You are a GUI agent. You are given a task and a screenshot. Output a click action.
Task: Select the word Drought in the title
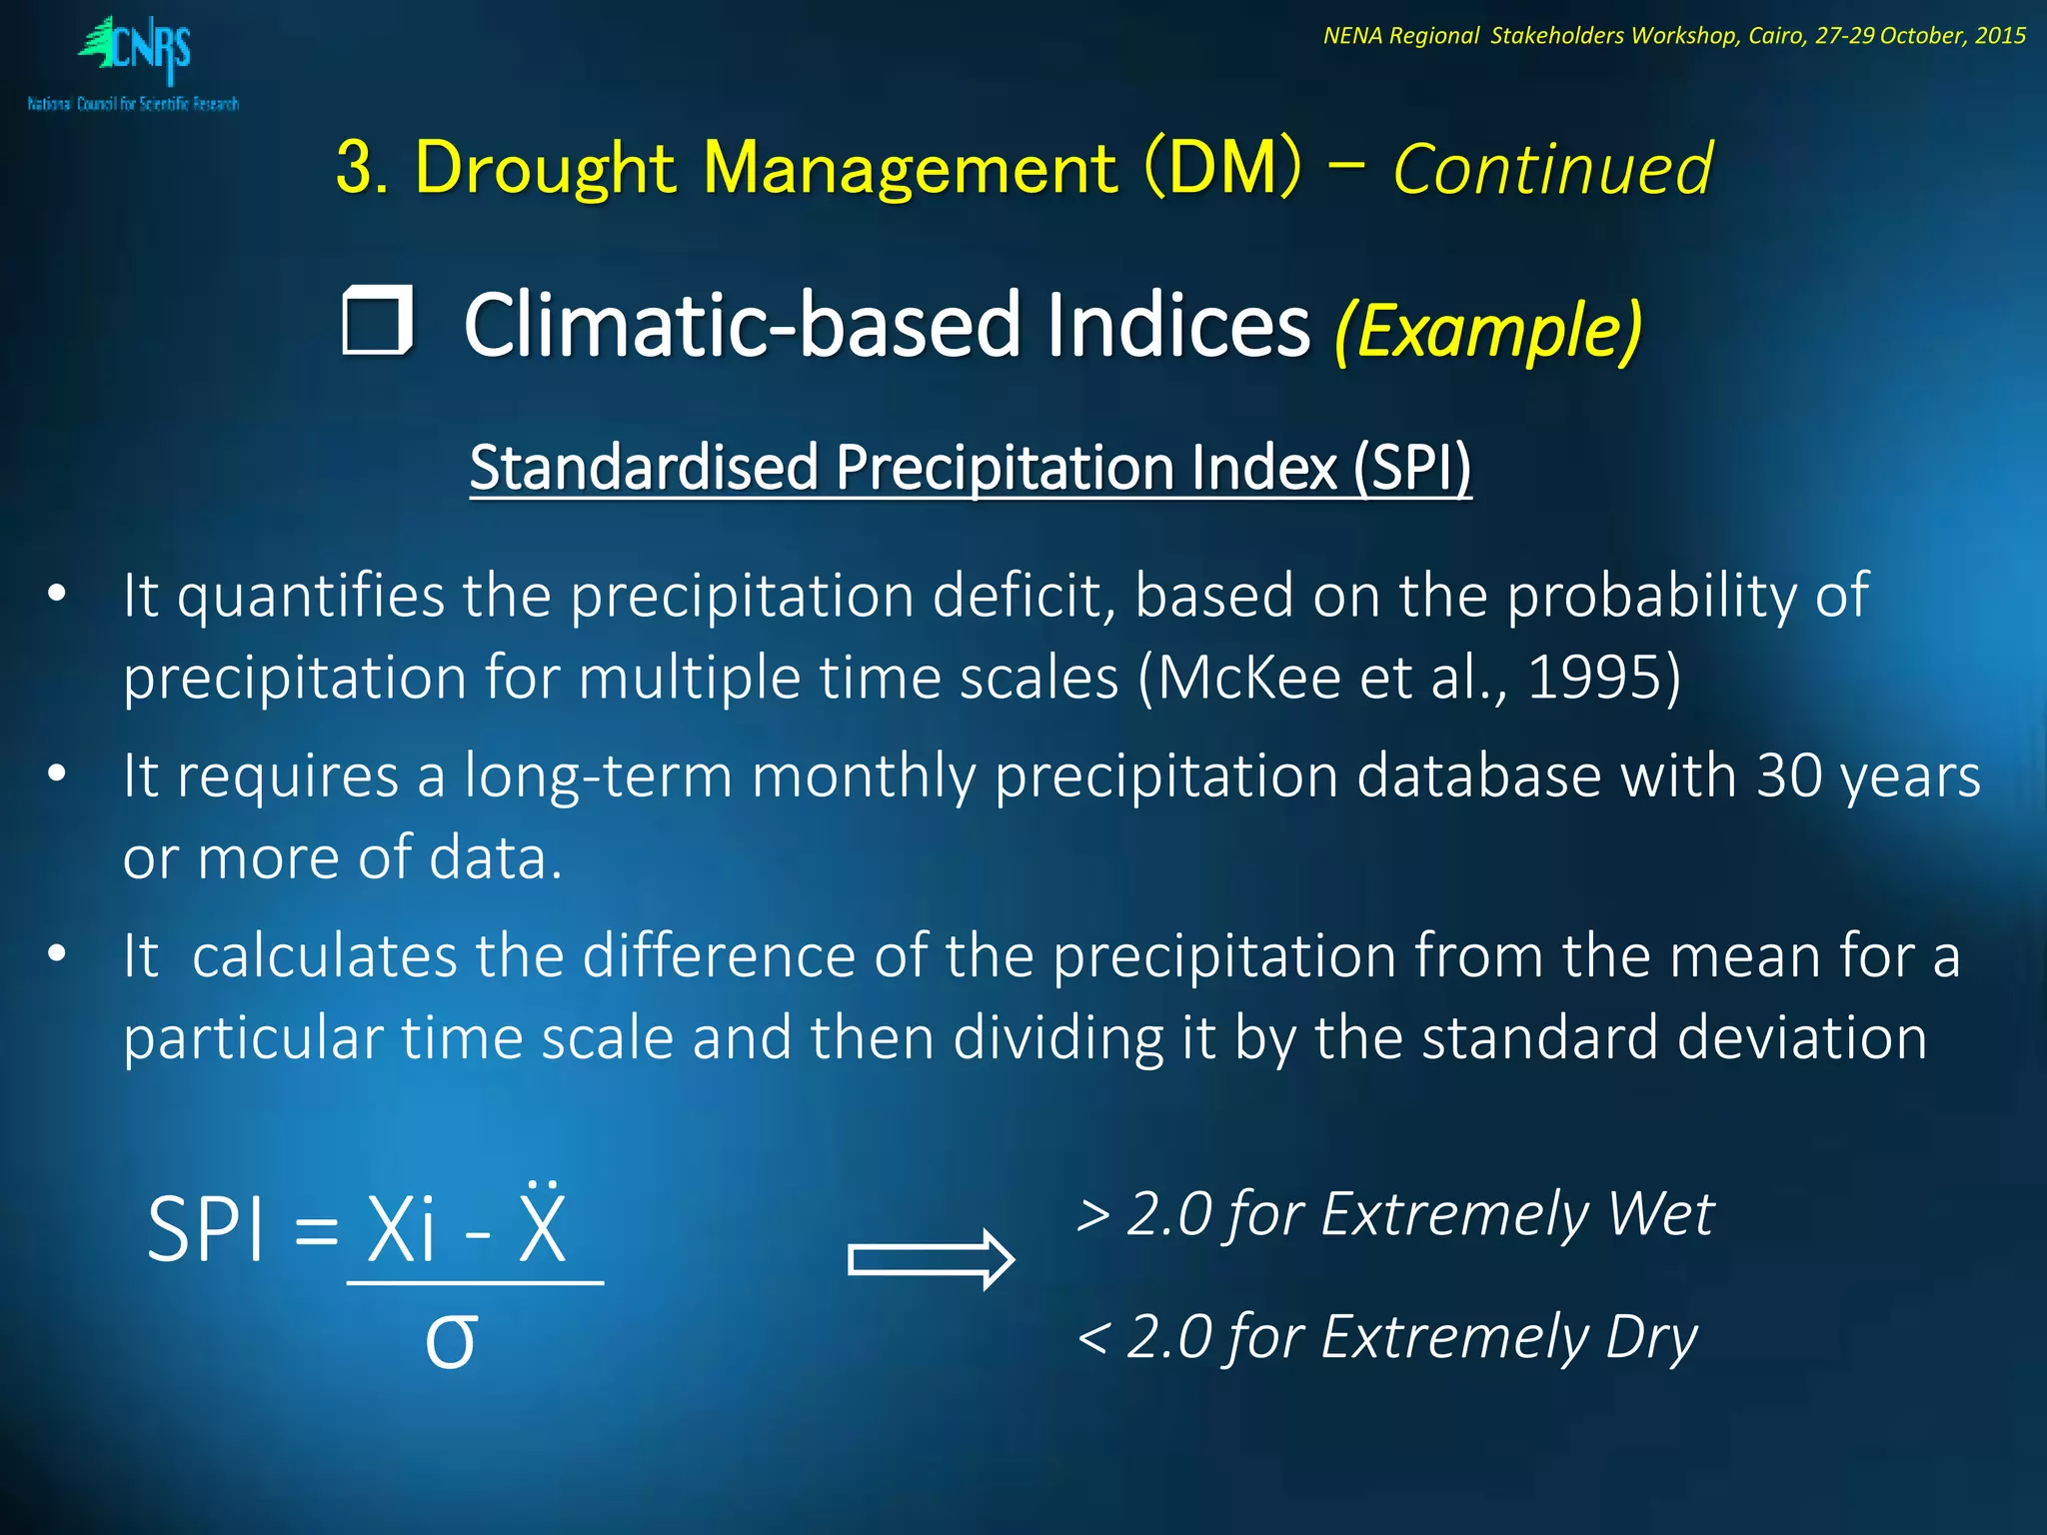[546, 168]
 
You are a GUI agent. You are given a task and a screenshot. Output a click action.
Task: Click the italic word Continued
[1552, 168]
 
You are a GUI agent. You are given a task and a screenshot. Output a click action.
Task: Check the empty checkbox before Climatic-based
[377, 321]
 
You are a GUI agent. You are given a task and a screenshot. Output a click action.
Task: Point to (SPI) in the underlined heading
[1412, 468]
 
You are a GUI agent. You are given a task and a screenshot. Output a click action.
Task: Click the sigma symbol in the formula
[451, 1340]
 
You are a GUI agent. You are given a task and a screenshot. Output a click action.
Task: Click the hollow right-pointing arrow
[931, 1259]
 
